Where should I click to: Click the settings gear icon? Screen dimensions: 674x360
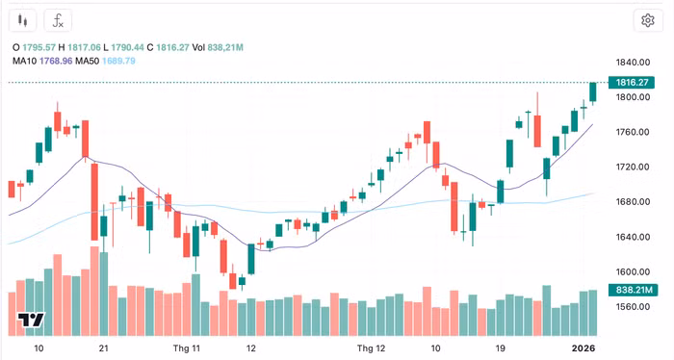(x=648, y=20)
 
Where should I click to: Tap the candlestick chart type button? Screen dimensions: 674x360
(x=22, y=20)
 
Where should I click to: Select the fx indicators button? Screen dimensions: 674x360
(x=58, y=20)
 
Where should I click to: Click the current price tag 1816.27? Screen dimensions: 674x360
(x=632, y=82)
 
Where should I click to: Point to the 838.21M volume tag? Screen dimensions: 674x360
(x=634, y=290)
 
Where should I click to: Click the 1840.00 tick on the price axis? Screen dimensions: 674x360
(x=633, y=63)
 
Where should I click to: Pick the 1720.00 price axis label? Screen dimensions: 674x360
(x=633, y=167)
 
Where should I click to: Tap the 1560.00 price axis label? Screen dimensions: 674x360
(x=633, y=307)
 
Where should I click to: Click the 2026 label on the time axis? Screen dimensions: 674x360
(x=583, y=348)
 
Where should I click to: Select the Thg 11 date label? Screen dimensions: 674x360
(x=187, y=348)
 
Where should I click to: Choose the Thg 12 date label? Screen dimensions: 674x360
(x=371, y=348)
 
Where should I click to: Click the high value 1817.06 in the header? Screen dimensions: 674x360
(x=85, y=47)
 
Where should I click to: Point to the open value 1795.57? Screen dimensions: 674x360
(x=39, y=47)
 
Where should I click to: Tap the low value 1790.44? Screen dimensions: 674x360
(x=127, y=47)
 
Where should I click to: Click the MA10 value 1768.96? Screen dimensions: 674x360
(x=56, y=61)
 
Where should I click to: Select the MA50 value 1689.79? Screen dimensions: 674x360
(x=118, y=61)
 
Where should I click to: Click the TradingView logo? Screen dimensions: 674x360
(x=31, y=320)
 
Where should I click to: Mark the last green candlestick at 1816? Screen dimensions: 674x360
(x=593, y=92)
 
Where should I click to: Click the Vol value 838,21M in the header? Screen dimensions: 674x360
(x=225, y=47)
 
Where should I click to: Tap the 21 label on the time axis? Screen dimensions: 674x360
(x=103, y=348)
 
